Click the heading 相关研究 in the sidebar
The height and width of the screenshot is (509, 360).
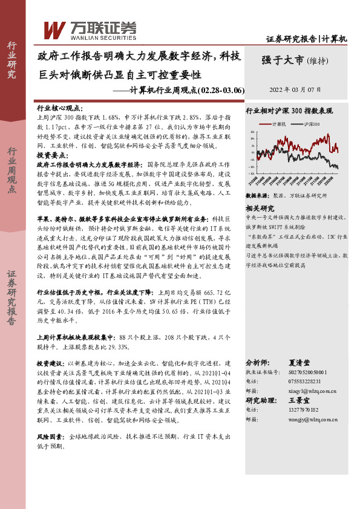click(258, 207)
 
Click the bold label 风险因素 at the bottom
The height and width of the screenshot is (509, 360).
click(50, 435)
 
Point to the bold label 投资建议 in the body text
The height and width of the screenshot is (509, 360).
click(50, 364)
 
